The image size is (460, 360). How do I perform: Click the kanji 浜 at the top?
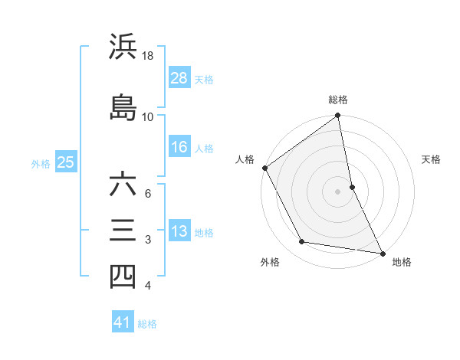pos(123,47)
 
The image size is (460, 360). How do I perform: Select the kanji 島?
pos(123,107)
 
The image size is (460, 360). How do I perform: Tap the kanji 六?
pos(123,185)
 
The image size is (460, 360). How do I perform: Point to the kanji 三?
pos(123,231)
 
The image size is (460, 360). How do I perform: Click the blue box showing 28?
pos(179,78)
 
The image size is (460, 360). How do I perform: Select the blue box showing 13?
pos(179,231)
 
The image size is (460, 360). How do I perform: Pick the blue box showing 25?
pos(66,162)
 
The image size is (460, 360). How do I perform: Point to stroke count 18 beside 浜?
pos(148,56)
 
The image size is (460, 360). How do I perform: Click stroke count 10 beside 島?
pos(148,117)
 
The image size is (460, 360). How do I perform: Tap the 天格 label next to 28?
pos(204,79)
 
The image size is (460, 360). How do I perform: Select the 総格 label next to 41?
pos(147,324)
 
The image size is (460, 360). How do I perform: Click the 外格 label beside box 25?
pos(41,163)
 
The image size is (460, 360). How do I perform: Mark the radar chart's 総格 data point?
pos(337,116)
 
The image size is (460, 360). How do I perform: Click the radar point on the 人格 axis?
pos(264,168)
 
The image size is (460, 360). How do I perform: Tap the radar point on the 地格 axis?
pos(382,253)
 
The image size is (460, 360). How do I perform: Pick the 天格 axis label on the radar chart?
pos(432,160)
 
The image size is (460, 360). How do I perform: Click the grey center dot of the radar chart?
pos(337,191)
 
